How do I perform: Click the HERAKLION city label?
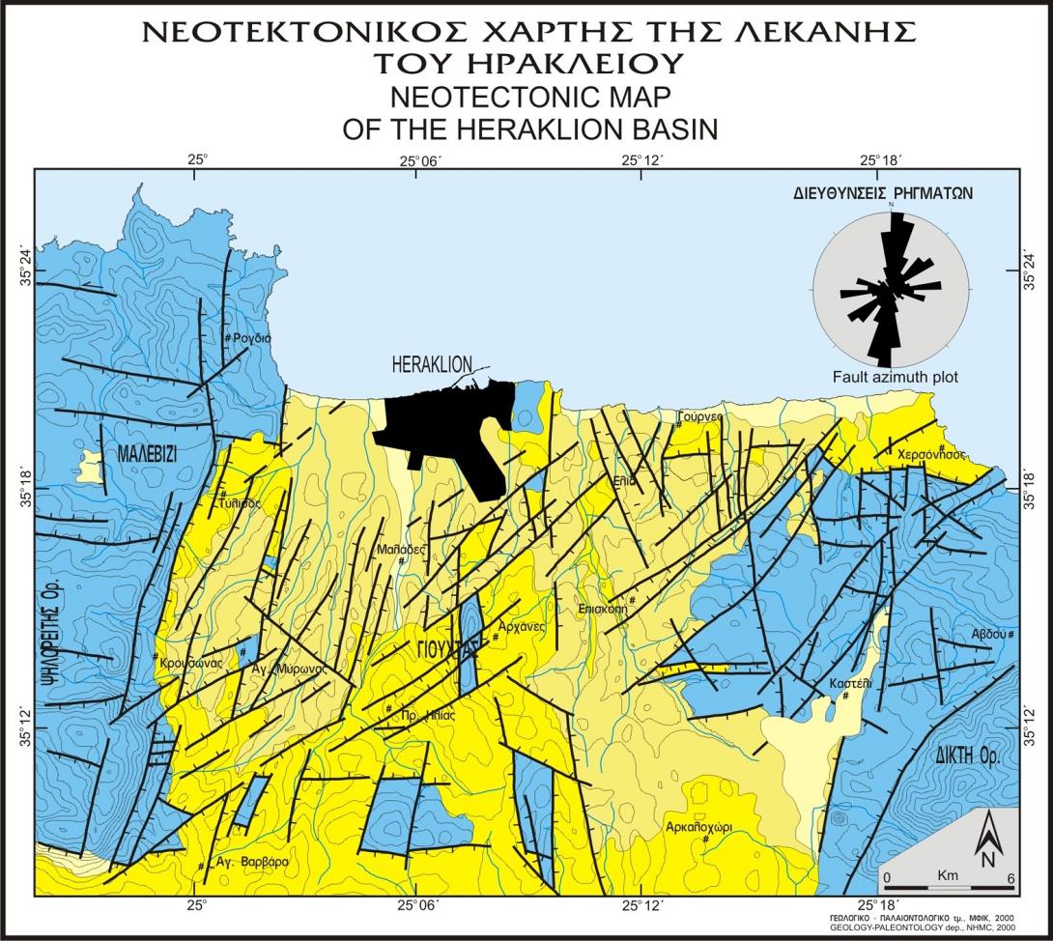click(x=432, y=364)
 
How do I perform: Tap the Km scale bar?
click(x=948, y=883)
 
